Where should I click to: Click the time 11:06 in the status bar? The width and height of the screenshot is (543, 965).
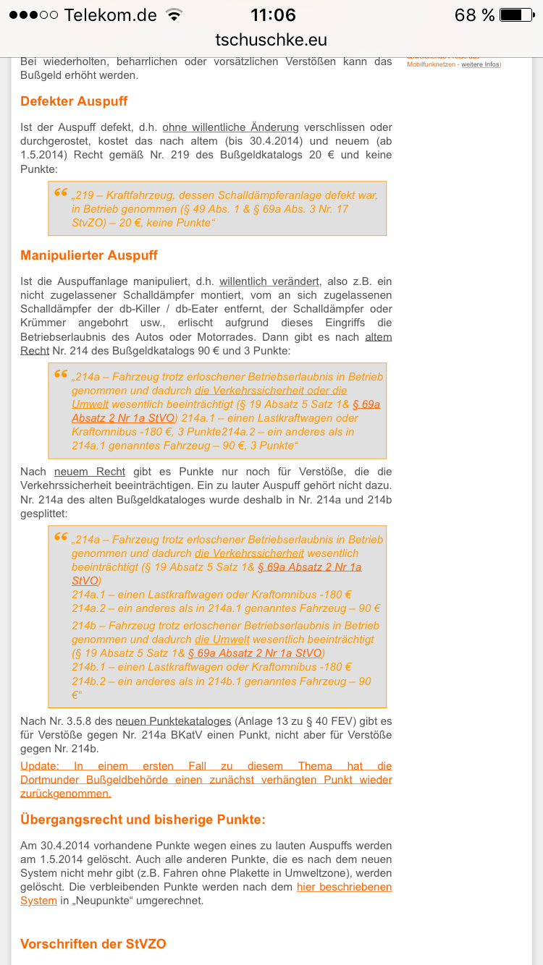(273, 14)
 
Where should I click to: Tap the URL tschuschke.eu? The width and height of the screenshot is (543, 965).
(271, 40)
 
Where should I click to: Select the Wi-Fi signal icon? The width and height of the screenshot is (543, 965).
(174, 14)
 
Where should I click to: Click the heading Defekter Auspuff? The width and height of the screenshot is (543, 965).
(74, 101)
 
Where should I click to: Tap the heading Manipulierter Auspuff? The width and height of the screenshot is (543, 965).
(88, 255)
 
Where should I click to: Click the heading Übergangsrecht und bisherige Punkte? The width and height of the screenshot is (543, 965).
(143, 820)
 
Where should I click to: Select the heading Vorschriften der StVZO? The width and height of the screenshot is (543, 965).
(93, 944)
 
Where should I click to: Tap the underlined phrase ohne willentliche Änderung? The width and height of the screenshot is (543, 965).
(230, 127)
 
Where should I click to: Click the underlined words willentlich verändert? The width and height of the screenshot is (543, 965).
(269, 281)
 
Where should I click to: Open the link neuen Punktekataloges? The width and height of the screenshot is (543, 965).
(173, 721)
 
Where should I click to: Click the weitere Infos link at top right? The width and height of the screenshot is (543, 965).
(480, 65)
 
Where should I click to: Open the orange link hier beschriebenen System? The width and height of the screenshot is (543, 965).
(344, 887)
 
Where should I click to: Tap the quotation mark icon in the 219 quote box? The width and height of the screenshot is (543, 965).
(61, 192)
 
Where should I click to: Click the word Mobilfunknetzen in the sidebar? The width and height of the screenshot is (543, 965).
(431, 65)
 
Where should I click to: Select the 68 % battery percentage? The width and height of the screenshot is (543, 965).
(474, 14)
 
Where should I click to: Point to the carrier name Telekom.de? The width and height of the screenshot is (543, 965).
(109, 14)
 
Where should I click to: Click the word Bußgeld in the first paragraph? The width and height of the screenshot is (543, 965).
(40, 75)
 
